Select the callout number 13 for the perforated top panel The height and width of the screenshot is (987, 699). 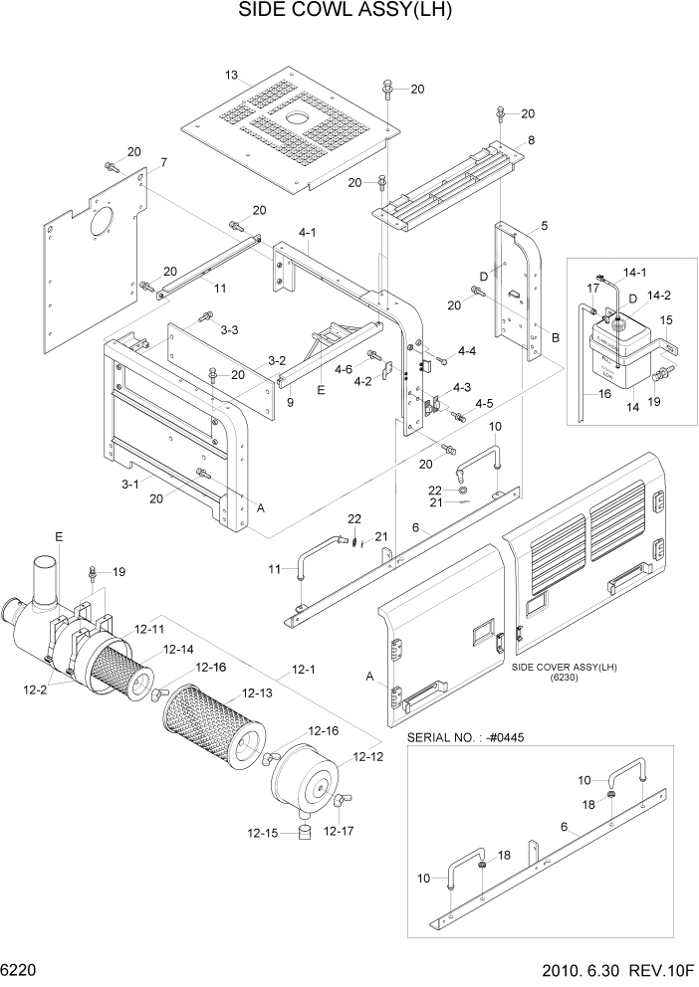click(x=231, y=76)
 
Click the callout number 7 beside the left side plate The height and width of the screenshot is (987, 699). click(x=163, y=162)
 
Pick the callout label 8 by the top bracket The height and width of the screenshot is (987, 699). click(x=531, y=140)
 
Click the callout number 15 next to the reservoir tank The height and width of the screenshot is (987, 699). click(x=666, y=320)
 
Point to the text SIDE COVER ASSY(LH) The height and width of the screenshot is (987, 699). click(x=563, y=667)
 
